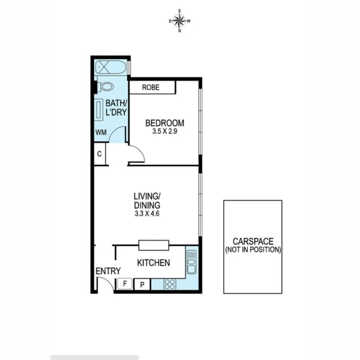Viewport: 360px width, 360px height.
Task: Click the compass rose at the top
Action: click(180, 20)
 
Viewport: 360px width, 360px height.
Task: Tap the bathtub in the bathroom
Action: click(110, 68)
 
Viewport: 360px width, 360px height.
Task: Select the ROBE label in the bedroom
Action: click(150, 88)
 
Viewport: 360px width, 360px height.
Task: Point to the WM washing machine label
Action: click(101, 133)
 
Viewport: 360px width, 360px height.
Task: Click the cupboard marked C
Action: click(100, 154)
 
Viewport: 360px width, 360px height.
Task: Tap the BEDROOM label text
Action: click(164, 123)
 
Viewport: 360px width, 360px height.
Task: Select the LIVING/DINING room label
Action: click(147, 200)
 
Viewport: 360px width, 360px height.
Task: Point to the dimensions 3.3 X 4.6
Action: click(147, 214)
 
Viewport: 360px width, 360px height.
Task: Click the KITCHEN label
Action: click(154, 263)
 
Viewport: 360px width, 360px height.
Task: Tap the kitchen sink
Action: click(192, 260)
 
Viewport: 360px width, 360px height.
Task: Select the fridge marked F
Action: click(125, 284)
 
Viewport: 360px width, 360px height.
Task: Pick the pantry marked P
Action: click(142, 284)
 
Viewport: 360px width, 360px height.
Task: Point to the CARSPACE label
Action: click(253, 241)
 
